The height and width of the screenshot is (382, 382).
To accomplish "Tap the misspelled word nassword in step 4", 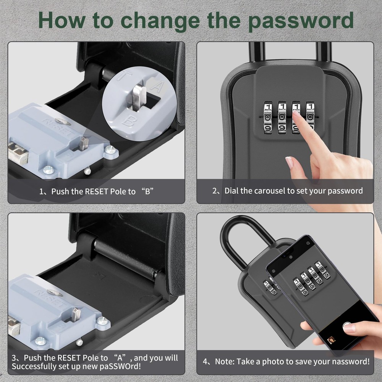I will tap(350, 361).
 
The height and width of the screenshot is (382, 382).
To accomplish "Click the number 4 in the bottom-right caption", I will tap(206, 361).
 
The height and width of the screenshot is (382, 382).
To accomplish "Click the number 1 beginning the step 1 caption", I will tap(41, 191).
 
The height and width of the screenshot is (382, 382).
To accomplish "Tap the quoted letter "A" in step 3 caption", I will tap(121, 358).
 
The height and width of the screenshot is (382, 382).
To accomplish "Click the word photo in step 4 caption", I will tap(270, 361).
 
